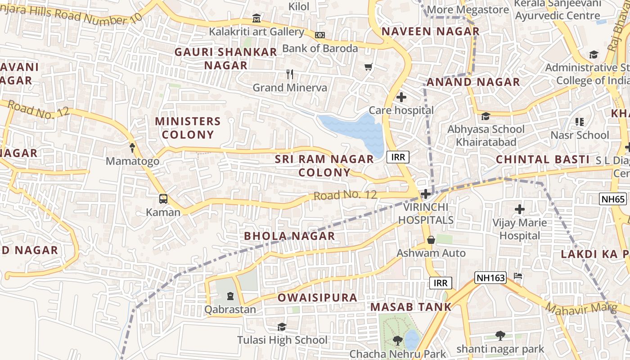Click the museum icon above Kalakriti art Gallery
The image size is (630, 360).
coord(256,18)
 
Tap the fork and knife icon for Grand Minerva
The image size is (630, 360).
coord(290,74)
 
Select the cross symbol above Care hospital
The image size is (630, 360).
coord(401,97)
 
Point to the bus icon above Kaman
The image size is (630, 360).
coord(163,199)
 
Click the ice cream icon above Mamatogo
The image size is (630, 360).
coord(132,148)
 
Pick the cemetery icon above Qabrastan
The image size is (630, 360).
coord(230,296)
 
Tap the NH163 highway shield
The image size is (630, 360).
coord(490,278)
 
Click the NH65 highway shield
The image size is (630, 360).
coord(613,199)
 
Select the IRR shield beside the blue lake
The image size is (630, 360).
coord(398,157)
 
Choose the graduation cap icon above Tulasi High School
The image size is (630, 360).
coord(282,327)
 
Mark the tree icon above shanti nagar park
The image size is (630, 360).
coord(500,335)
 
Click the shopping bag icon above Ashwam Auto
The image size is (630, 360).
coord(431,240)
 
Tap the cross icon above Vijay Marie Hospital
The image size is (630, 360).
coord(520,209)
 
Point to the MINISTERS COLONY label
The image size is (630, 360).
coord(188,128)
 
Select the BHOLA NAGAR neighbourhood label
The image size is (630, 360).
coord(289,236)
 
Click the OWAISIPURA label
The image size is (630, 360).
coord(317,297)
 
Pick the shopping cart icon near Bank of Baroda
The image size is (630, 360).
coord(369,67)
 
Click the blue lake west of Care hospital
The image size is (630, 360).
coord(355,130)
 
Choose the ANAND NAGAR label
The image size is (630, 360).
coord(473,82)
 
